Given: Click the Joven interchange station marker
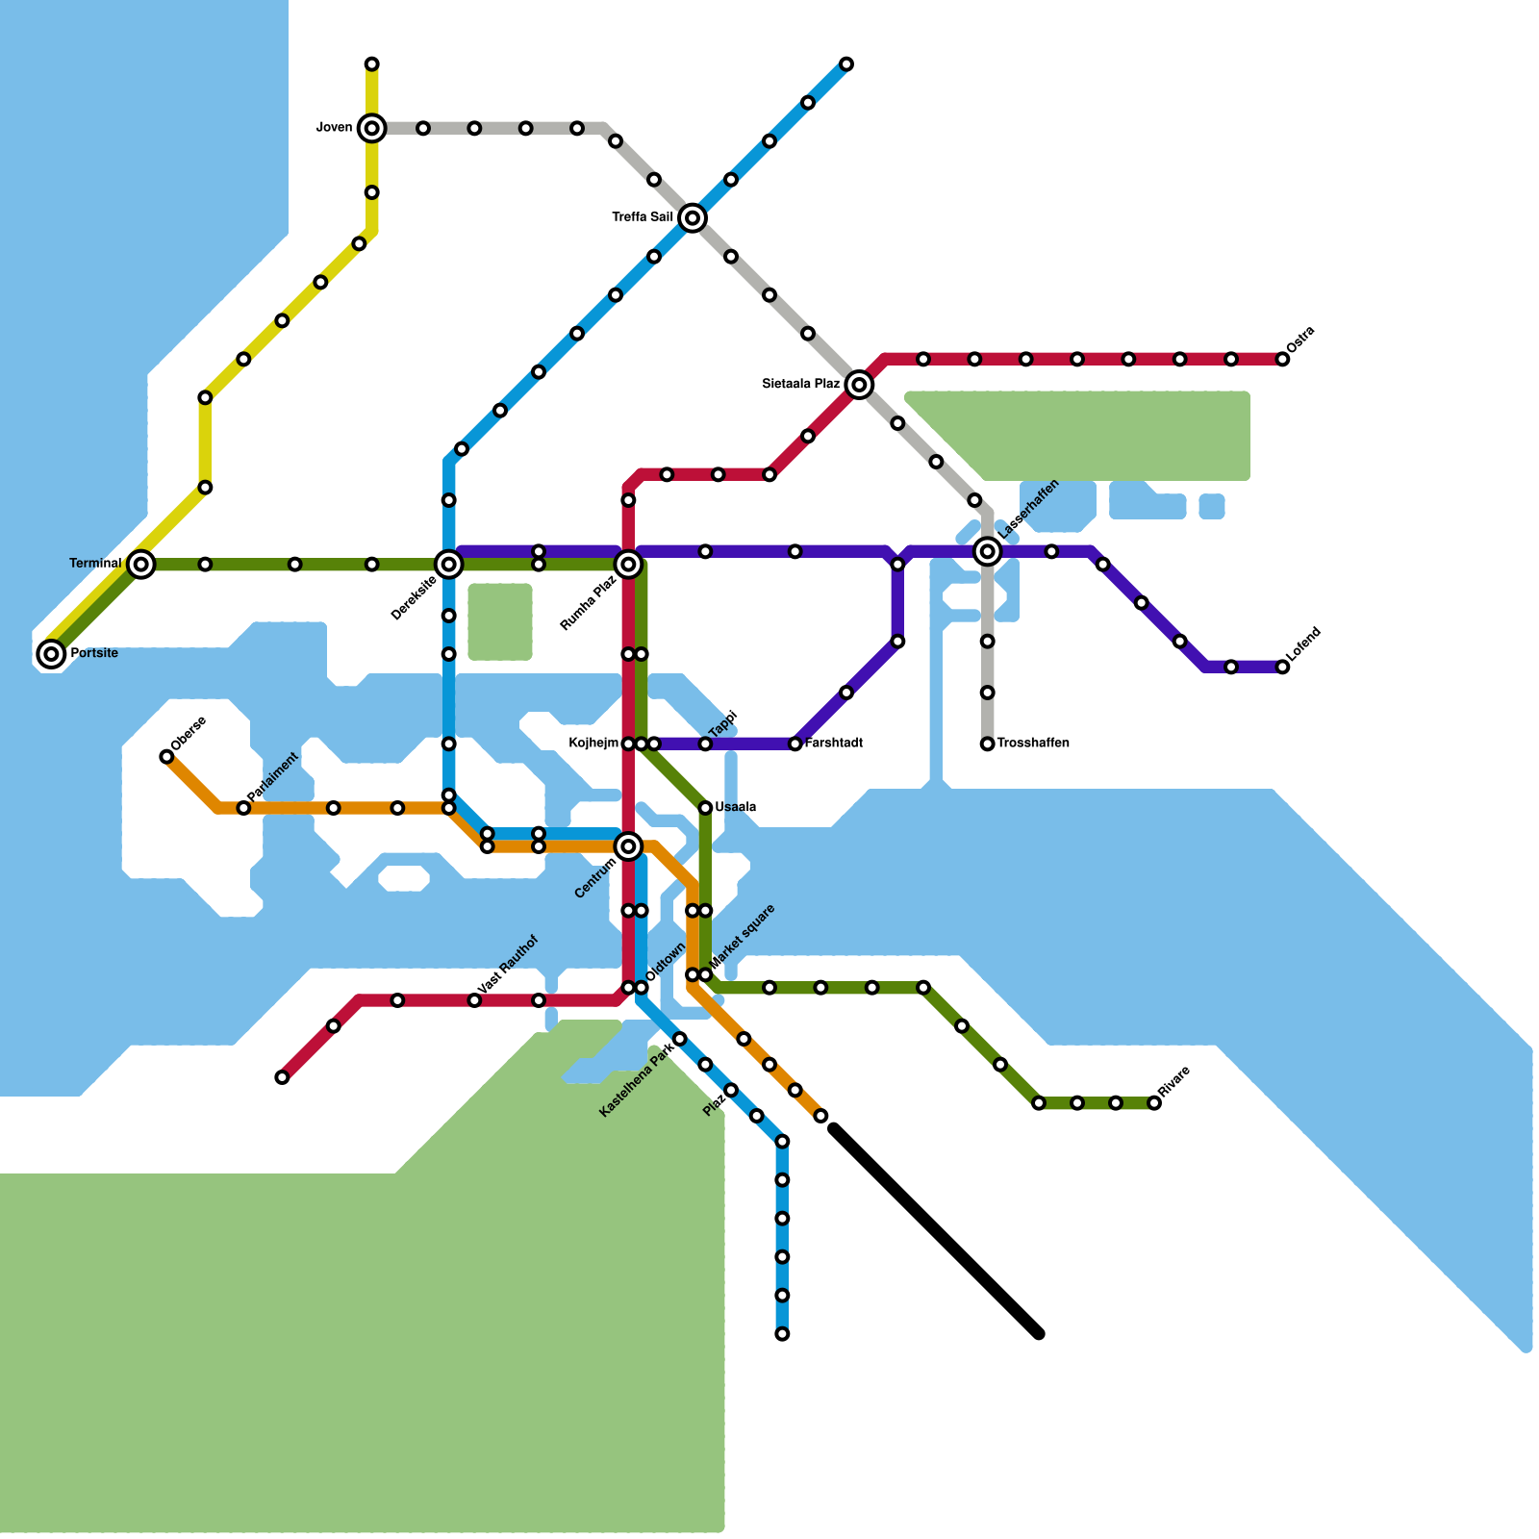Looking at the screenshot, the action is pos(371,128).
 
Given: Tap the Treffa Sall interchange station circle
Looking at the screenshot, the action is pos(693,218).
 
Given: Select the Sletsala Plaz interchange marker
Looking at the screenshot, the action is pos(860,385).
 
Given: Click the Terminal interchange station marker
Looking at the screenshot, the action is pos(141,565).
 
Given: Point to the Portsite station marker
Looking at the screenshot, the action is pos(52,654).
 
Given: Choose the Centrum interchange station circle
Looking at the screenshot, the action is pos(628,846).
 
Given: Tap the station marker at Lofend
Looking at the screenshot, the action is pos(1282,667).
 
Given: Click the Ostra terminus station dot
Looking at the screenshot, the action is pos(1282,359).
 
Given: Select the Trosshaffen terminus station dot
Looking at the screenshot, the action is pos(987,744).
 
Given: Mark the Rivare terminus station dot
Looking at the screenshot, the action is pos(1154,1103).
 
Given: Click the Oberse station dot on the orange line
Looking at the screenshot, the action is pos(166,757).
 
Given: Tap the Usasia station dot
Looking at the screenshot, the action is pos(705,808).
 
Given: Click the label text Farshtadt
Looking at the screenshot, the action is pos(833,744).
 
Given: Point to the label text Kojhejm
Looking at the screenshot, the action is pos(593,744).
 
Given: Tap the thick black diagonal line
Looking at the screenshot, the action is pos(936,1231).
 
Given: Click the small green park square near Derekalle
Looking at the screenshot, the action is pos(500,622).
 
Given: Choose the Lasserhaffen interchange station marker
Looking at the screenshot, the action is pos(987,551).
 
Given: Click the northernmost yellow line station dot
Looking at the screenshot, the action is pos(371,64).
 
